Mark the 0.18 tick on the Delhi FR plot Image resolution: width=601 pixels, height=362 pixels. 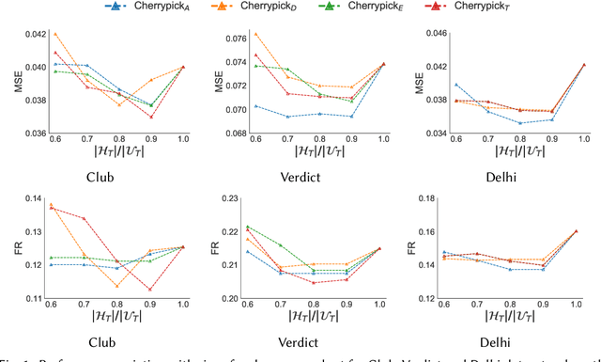[x=434, y=197]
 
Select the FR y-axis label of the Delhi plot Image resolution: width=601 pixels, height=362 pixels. [x=410, y=248]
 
